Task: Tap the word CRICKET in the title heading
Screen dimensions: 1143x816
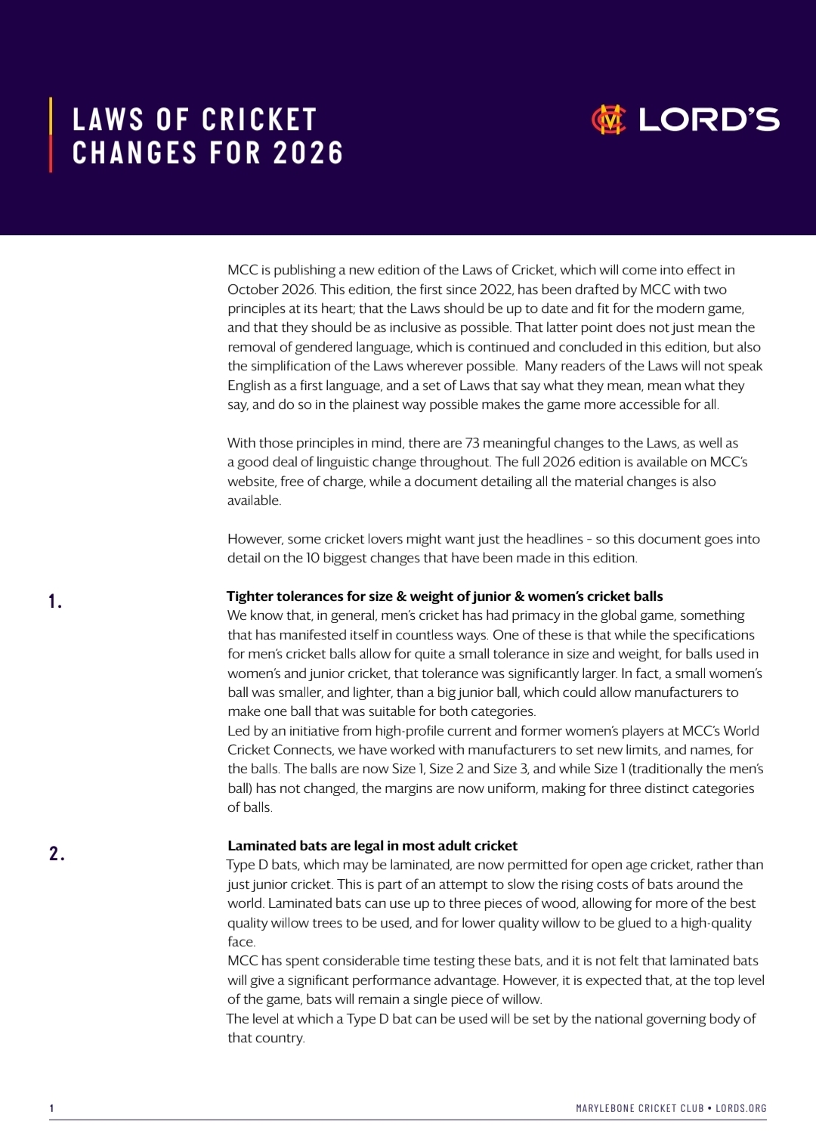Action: [259, 119]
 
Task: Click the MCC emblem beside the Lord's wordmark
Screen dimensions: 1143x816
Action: [609, 119]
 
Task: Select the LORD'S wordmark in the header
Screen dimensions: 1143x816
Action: [709, 119]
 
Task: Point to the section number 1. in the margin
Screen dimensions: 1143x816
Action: [55, 602]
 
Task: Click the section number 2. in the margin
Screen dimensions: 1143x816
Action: [57, 854]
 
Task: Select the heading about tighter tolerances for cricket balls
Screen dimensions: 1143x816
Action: [445, 596]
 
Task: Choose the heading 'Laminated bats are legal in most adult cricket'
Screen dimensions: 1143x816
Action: [372, 846]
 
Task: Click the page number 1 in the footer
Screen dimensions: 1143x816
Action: [51, 1108]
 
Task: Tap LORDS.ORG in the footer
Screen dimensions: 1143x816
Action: [741, 1108]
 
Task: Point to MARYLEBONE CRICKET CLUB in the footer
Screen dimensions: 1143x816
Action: [640, 1108]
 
